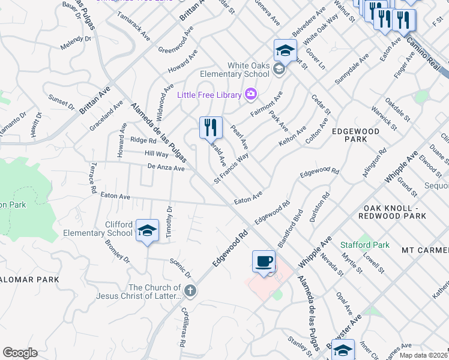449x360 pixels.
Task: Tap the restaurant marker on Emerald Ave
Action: pyautogui.click(x=211, y=128)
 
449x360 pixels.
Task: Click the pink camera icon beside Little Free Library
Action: pyautogui.click(x=251, y=94)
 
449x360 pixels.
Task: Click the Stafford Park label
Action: pyautogui.click(x=365, y=245)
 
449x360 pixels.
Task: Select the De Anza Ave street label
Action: pyautogui.click(x=166, y=169)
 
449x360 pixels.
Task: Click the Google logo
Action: pyautogui.click(x=20, y=353)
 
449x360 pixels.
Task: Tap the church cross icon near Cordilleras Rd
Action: pyautogui.click(x=190, y=292)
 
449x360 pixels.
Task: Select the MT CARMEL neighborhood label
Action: pyautogui.click(x=425, y=250)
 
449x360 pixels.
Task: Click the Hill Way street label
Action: pyautogui.click(x=156, y=154)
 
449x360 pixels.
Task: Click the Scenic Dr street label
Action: pyautogui.click(x=180, y=268)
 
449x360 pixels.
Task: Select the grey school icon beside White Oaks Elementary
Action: pyautogui.click(x=278, y=70)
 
